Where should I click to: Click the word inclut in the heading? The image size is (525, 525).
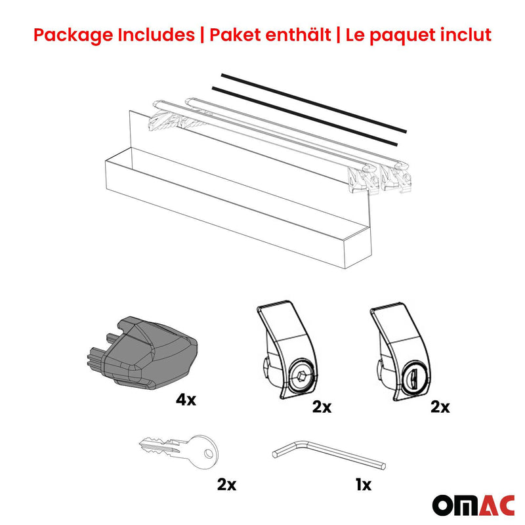[464, 35]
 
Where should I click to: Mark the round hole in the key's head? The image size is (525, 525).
[209, 451]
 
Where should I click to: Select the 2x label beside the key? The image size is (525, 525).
[226, 485]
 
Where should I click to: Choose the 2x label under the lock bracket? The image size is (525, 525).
[440, 407]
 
